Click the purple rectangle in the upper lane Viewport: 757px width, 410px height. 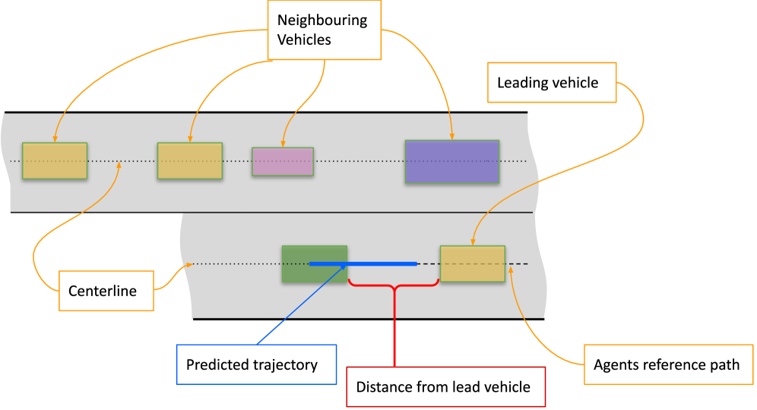pos(451,161)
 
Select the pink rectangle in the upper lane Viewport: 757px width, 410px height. pos(283,162)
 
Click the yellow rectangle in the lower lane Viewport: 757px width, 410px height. pos(472,263)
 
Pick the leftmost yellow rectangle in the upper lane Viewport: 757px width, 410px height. pos(55,161)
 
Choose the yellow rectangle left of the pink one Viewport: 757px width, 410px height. pos(190,161)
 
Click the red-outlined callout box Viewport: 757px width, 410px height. pos(446,386)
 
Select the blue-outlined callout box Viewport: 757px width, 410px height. pos(256,364)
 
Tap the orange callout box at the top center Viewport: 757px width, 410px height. pos(325,30)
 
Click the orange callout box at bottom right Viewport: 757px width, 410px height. pos(668,364)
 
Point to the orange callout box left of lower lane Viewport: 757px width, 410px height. pos(106,291)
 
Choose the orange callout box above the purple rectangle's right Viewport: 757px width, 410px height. pos(552,82)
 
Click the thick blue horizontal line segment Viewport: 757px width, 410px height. pos(380,263)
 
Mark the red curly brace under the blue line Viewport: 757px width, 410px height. pos(394,285)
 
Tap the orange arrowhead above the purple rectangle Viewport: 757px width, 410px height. pos(452,137)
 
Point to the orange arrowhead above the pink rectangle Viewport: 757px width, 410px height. pos(283,143)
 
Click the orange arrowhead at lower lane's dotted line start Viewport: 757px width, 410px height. pos(188,265)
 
